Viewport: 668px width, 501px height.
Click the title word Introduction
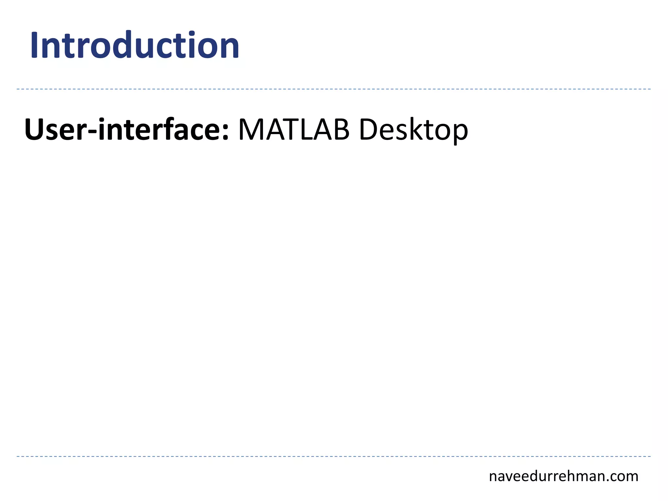click(x=135, y=46)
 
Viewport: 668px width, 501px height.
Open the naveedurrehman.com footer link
click(x=563, y=477)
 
